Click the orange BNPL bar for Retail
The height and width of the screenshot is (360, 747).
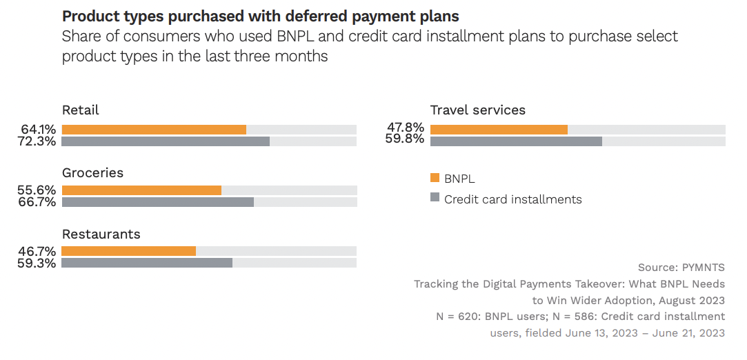(x=154, y=130)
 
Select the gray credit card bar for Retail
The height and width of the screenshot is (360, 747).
(x=166, y=141)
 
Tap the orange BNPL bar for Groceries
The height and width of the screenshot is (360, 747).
(x=141, y=190)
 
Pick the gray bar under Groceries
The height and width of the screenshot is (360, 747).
(x=158, y=202)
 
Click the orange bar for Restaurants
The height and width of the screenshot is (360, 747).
(x=129, y=251)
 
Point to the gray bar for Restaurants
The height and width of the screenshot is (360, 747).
(x=147, y=263)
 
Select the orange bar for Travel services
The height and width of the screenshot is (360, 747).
(x=499, y=130)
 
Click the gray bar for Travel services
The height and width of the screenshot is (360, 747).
(x=516, y=141)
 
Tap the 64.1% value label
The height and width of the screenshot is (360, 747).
(x=39, y=130)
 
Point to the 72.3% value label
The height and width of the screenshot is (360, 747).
(x=39, y=141)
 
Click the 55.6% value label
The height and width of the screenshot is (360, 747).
(x=39, y=190)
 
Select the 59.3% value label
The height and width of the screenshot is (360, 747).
(x=39, y=263)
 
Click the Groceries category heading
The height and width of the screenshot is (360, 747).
(x=92, y=173)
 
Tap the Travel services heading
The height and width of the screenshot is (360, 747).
(x=477, y=110)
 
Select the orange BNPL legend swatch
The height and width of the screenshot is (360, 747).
(x=435, y=178)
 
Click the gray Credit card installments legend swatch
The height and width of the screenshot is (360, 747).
(x=435, y=198)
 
